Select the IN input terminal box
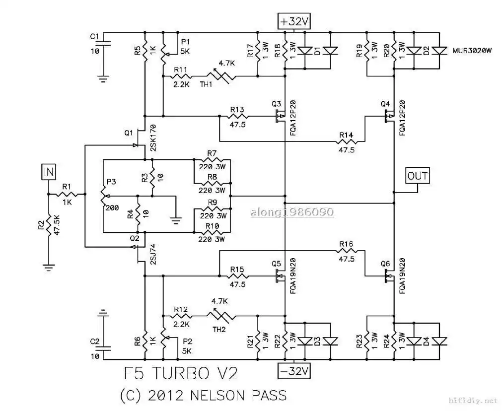[49, 173]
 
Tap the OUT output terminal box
[417, 176]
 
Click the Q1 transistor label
[129, 133]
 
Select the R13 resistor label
[237, 109]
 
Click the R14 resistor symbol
[346, 142]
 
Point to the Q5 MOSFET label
[277, 263]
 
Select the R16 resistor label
[346, 244]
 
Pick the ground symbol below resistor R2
[49, 267]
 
